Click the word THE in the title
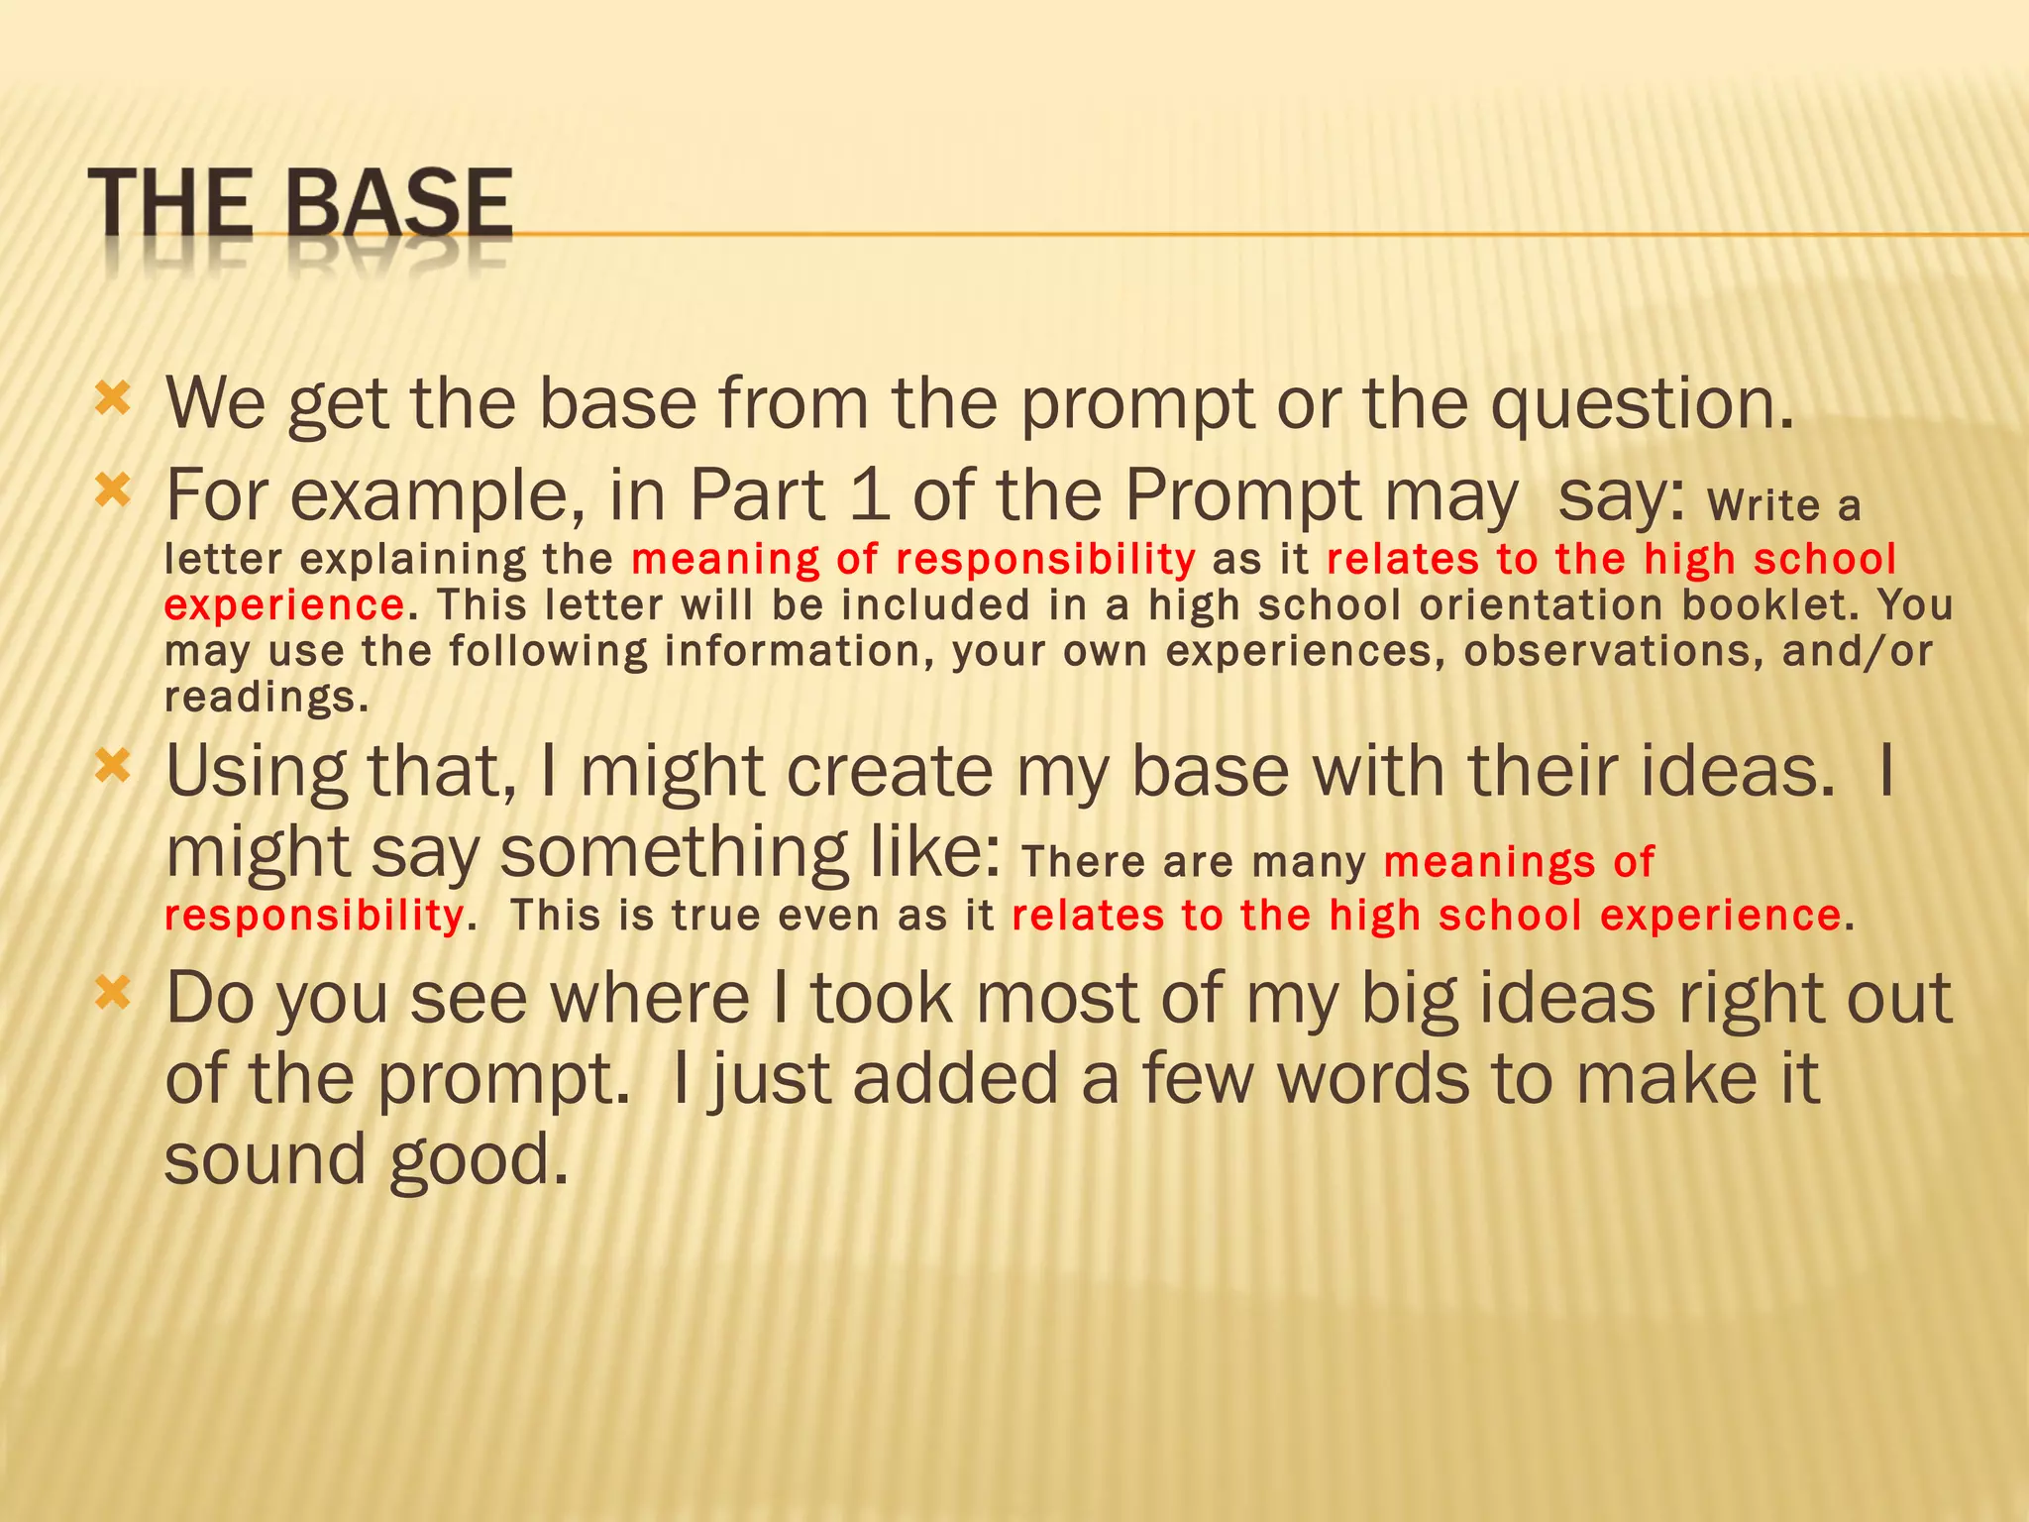click(170, 204)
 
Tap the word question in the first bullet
click(1642, 404)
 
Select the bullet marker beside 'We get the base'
click(112, 399)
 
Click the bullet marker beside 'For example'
click(112, 489)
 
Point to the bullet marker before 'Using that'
click(112, 765)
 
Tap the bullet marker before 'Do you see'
click(112, 992)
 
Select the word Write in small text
click(1763, 506)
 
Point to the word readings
click(266, 699)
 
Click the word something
click(673, 852)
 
